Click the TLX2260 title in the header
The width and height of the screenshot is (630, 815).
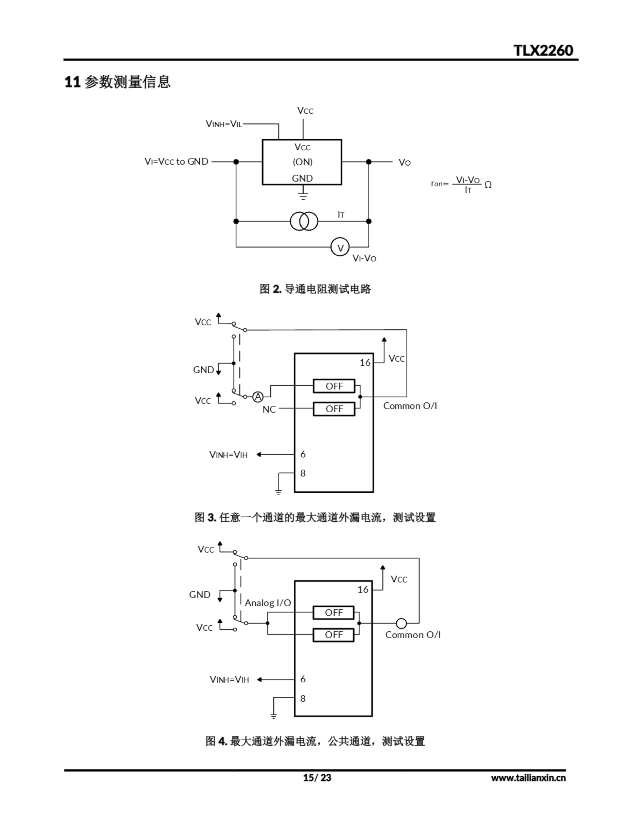[543, 50]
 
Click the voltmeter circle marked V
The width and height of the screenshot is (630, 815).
[340, 247]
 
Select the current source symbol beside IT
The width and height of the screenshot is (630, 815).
[304, 221]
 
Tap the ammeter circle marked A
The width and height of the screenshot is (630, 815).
[258, 397]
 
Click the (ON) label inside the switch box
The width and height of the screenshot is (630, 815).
[303, 162]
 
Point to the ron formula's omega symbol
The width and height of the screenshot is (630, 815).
[488, 185]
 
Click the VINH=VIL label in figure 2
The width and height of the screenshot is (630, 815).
[224, 124]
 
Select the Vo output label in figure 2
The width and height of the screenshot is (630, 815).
[404, 163]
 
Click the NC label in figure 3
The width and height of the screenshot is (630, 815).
[269, 409]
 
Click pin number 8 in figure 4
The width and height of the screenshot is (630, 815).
[303, 698]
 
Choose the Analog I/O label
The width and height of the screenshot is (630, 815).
[268, 603]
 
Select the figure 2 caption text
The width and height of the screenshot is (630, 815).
[315, 289]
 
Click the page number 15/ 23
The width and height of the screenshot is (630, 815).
[317, 778]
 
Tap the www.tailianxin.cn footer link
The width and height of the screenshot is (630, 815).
[528, 778]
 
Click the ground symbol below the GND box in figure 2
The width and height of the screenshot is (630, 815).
[303, 195]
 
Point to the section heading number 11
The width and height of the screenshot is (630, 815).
[72, 82]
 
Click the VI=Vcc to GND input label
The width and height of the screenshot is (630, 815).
[176, 162]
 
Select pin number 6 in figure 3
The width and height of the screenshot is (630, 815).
[303, 454]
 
